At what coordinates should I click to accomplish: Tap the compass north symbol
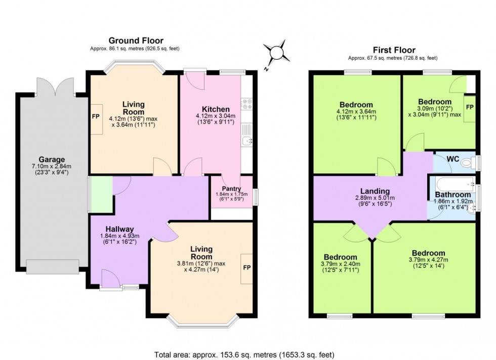277,53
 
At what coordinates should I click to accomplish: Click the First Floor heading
394,50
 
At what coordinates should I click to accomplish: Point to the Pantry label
232,189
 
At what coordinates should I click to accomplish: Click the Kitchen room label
216,109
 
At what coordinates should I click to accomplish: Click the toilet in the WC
475,162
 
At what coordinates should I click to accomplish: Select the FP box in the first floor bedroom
470,108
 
